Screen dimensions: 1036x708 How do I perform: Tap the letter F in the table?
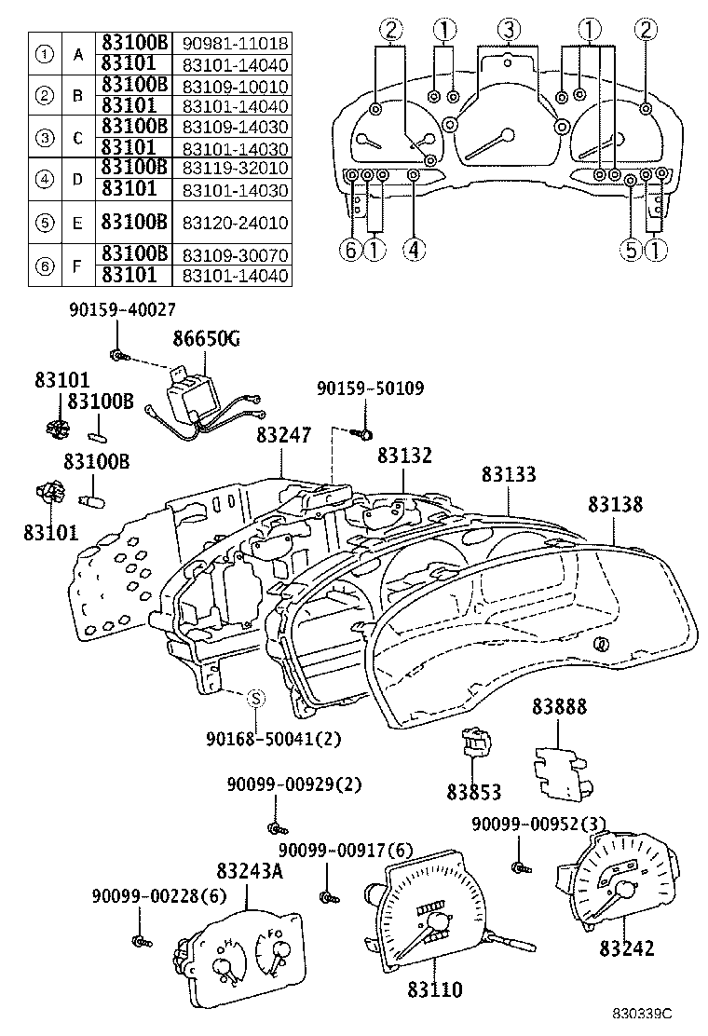(x=78, y=265)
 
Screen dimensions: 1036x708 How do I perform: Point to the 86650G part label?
(x=208, y=339)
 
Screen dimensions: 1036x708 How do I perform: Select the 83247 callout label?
(x=284, y=435)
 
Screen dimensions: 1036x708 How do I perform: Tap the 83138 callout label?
(x=616, y=504)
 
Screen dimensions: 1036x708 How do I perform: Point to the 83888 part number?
(x=559, y=707)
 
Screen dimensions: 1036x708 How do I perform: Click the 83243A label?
(x=250, y=873)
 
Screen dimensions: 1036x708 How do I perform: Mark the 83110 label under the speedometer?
(x=433, y=990)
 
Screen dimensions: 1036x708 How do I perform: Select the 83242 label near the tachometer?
(x=626, y=948)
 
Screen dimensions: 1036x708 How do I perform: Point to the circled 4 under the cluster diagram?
(x=414, y=250)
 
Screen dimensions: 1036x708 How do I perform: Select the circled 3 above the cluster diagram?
(x=507, y=31)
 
